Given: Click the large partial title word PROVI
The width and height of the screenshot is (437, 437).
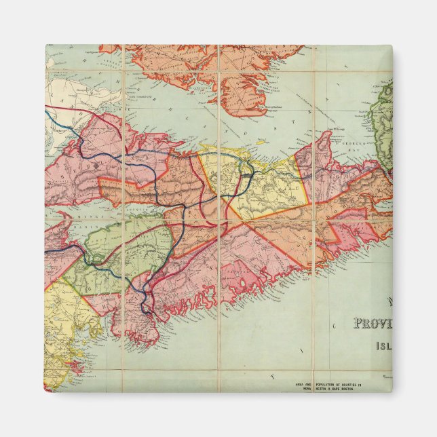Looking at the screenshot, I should coord(372,324).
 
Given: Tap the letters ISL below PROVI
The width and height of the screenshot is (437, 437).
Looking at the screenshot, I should coord(383,345).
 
